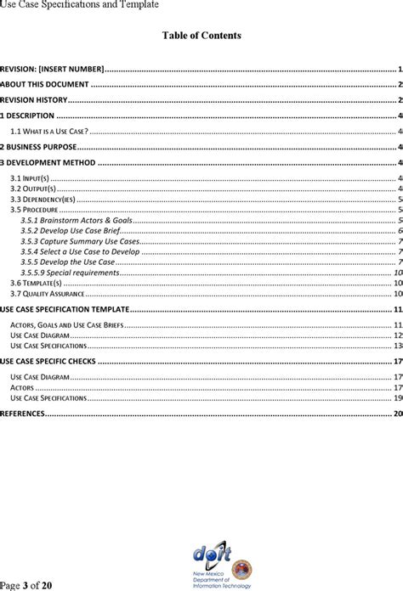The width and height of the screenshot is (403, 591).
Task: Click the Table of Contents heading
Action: pyautogui.click(x=201, y=36)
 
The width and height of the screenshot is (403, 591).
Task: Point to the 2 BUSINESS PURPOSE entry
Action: pyautogui.click(x=38, y=146)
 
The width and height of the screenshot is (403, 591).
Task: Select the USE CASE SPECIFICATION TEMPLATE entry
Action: pyautogui.click(x=65, y=310)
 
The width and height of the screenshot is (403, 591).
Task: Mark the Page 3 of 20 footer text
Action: pyautogui.click(x=26, y=585)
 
